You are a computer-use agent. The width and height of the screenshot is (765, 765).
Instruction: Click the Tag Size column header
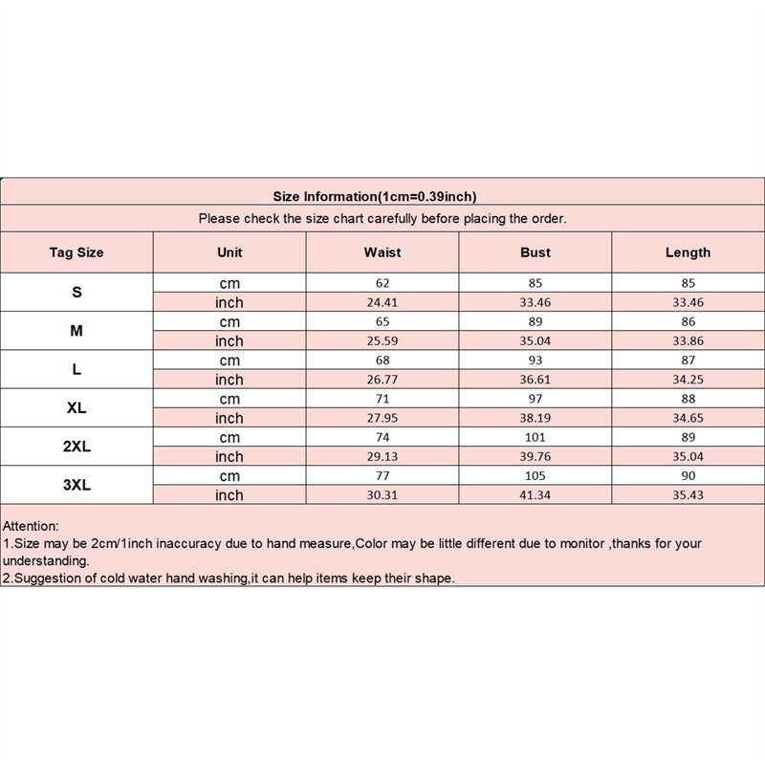pyautogui.click(x=76, y=252)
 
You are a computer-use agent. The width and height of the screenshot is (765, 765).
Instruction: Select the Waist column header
pyautogui.click(x=382, y=252)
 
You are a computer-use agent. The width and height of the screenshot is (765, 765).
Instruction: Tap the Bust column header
pyautogui.click(x=535, y=252)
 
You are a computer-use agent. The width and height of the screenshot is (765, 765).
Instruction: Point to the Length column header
pyautogui.click(x=688, y=252)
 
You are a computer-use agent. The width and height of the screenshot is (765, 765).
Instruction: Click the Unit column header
pyautogui.click(x=229, y=252)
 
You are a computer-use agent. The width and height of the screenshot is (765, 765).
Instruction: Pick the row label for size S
pyautogui.click(x=76, y=292)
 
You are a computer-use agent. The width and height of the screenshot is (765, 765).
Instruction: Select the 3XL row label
pyautogui.click(x=76, y=485)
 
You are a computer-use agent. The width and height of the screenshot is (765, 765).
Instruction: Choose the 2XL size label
pyautogui.click(x=76, y=447)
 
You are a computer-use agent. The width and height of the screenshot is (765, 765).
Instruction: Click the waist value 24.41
pyautogui.click(x=382, y=302)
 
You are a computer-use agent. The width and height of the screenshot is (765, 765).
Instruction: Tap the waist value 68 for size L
pyautogui.click(x=382, y=360)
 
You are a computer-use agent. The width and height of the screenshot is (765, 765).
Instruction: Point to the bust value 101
pyautogui.click(x=535, y=437)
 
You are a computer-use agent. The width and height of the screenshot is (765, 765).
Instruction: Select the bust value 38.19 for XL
pyautogui.click(x=535, y=418)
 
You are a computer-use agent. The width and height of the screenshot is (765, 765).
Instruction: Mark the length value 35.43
pyautogui.click(x=688, y=495)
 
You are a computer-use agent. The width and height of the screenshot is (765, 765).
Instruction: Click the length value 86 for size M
pyautogui.click(x=688, y=321)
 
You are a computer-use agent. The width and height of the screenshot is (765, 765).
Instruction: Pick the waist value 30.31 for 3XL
pyautogui.click(x=382, y=495)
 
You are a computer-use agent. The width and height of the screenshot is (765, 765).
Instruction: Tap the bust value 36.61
pyautogui.click(x=535, y=380)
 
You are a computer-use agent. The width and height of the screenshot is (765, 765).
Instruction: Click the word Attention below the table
pyautogui.click(x=31, y=526)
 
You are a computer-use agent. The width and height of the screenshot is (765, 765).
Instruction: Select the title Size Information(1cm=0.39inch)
pyautogui.click(x=375, y=197)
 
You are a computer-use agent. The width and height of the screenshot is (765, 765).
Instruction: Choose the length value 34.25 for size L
pyautogui.click(x=688, y=380)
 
